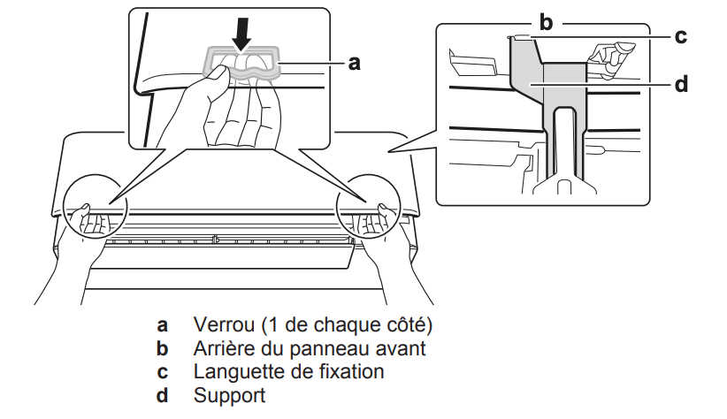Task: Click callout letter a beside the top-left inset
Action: (353, 63)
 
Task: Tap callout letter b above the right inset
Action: (546, 22)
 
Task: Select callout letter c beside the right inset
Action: (681, 37)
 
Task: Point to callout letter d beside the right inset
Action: (681, 85)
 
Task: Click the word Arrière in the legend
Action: (225, 347)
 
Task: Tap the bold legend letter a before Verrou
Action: (163, 324)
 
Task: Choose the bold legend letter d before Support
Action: (163, 395)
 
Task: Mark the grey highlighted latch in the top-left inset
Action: (244, 63)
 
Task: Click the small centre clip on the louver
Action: (215, 239)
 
